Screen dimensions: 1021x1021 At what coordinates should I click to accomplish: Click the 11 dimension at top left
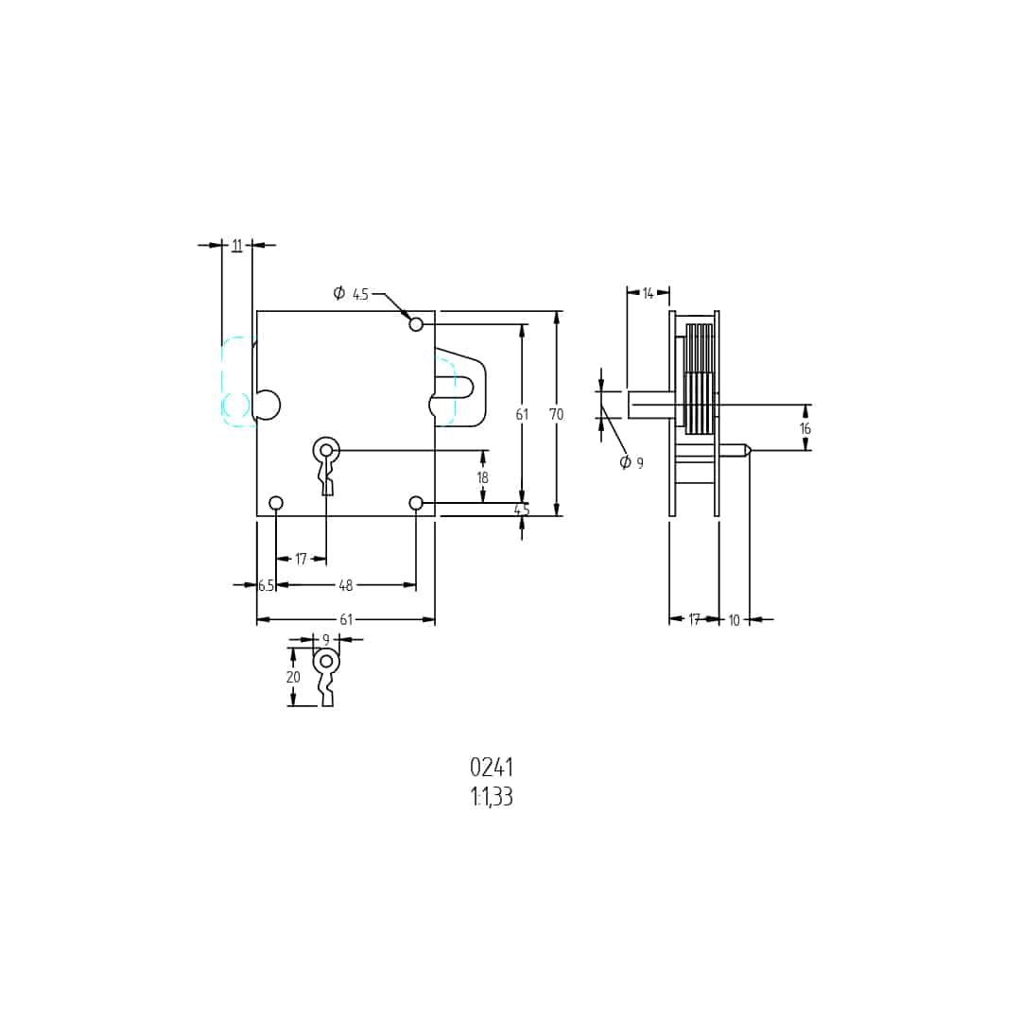[x=237, y=245]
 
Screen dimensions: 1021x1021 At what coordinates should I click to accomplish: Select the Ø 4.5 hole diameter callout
[x=351, y=294]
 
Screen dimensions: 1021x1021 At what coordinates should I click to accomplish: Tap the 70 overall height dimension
[x=556, y=414]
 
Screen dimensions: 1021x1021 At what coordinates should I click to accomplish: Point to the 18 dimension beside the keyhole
[x=482, y=477]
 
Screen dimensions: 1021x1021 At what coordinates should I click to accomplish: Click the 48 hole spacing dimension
[x=346, y=585]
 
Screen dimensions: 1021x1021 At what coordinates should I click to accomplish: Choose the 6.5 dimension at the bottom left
[x=266, y=585]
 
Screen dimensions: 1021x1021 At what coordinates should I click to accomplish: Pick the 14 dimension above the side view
[x=648, y=293]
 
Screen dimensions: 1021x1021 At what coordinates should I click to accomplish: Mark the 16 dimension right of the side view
[x=805, y=428]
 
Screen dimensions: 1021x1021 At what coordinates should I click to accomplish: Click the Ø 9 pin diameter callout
[x=632, y=462]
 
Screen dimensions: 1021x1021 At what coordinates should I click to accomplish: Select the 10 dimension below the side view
[x=735, y=620]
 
